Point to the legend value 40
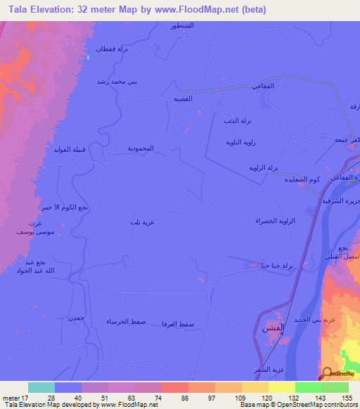(x=68, y=397)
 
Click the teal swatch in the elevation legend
(x=41, y=387)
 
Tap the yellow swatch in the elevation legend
(x=282, y=387)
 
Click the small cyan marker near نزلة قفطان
(x=88, y=58)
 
